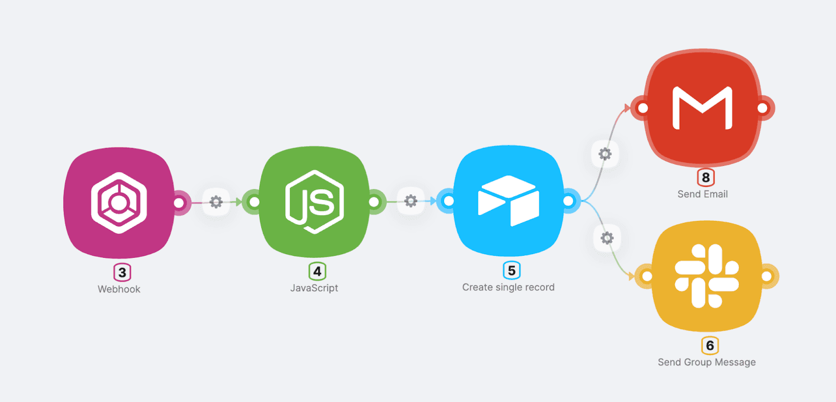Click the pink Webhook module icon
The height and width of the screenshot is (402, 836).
pos(119,203)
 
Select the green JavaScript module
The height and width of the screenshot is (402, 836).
pos(314,202)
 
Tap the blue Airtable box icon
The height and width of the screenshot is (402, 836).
pos(508,201)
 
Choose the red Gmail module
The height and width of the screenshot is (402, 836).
pos(702,108)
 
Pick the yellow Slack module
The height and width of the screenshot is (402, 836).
pos(706,276)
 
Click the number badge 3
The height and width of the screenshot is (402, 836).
pos(122,273)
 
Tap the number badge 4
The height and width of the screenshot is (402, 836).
pos(317,271)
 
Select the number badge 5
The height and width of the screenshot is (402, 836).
pos(512,270)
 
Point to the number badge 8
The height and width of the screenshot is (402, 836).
pos(706,178)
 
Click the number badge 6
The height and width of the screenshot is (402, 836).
pos(710,346)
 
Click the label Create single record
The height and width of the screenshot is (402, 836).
pos(508,287)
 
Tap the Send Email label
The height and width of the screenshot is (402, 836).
pos(702,194)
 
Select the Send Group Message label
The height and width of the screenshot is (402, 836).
pos(706,362)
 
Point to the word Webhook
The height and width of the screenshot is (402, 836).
pos(119,289)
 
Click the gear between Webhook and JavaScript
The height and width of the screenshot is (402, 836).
pos(216,202)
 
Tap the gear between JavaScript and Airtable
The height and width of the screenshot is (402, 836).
pos(411,201)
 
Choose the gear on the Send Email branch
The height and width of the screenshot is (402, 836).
pos(605,154)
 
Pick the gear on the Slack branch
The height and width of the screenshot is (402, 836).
pos(607,239)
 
